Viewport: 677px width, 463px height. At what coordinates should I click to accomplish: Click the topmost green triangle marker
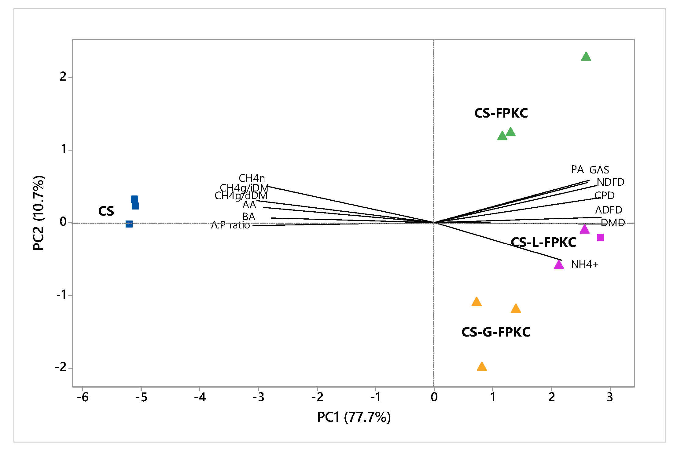[586, 57]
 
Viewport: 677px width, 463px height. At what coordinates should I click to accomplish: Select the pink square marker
[600, 238]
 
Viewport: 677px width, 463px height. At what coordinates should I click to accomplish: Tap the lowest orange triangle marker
[482, 367]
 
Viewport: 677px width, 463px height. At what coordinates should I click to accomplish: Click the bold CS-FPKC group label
[501, 113]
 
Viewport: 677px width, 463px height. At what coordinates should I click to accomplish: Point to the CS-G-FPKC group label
[496, 332]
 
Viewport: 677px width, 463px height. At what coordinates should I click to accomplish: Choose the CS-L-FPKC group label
[543, 242]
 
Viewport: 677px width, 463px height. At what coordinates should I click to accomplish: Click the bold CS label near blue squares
[106, 211]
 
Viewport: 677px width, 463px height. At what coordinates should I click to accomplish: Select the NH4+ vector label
[584, 264]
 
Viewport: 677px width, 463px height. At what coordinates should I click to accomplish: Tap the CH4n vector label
[252, 178]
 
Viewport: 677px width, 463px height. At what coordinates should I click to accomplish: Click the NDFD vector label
[610, 182]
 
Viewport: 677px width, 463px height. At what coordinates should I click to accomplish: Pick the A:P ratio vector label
[230, 225]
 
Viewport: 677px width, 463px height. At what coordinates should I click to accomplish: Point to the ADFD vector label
[609, 210]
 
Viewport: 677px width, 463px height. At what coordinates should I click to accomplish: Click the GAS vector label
[599, 170]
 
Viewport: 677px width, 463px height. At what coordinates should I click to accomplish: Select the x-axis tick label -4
[200, 397]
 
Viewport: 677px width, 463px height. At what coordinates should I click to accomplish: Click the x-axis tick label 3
[610, 397]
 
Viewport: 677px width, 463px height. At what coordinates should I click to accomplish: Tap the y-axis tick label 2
[63, 77]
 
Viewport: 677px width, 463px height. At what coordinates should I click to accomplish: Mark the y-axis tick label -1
[61, 295]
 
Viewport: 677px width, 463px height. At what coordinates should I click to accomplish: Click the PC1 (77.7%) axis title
[354, 417]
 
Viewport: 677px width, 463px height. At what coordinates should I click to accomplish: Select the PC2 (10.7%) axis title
[39, 213]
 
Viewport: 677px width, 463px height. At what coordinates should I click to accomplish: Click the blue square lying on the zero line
[129, 224]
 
